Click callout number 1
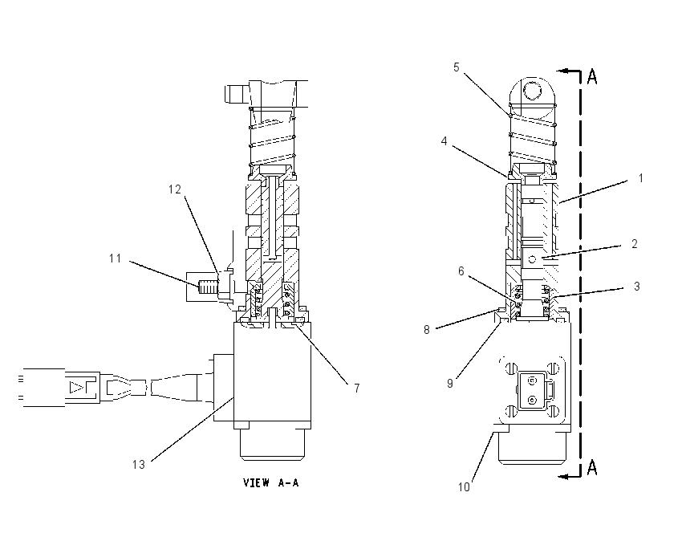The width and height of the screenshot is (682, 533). point(640,178)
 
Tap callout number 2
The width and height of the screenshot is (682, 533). point(634,244)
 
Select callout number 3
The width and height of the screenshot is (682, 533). point(637,287)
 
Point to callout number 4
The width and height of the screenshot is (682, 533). point(444,141)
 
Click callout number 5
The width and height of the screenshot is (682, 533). point(457,67)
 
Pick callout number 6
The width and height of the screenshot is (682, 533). point(461,271)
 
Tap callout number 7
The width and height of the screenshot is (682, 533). point(357,389)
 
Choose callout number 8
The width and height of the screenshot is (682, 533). point(427,330)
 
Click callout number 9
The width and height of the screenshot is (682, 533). point(450,384)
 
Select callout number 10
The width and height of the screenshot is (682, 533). point(464,487)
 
